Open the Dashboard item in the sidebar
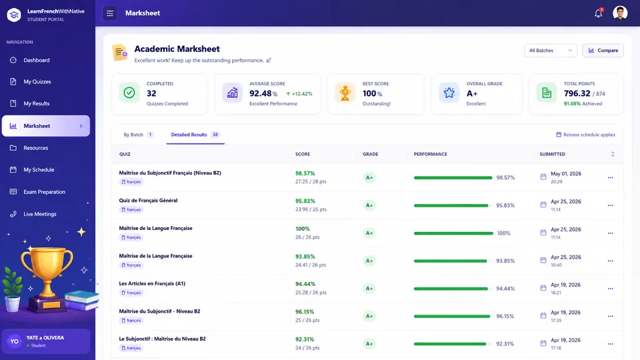click(36, 60)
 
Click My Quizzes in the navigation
click(37, 81)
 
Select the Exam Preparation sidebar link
click(44, 192)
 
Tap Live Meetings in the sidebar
click(39, 214)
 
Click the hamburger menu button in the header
click(110, 13)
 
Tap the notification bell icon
click(598, 13)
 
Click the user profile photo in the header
click(619, 13)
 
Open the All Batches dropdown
click(550, 51)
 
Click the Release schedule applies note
click(585, 135)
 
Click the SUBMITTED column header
click(552, 154)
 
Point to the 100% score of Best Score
click(372, 93)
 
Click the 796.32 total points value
click(577, 93)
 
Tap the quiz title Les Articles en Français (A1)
click(152, 284)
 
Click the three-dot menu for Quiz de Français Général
click(610, 205)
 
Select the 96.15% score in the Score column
click(305, 311)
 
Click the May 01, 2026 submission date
click(566, 174)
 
